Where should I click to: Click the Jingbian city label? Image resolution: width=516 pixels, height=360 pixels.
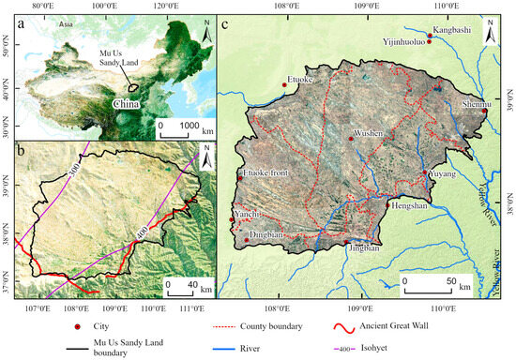point(363,248)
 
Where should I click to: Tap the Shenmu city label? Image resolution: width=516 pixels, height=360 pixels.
point(475,103)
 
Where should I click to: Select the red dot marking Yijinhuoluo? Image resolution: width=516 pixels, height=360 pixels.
point(429,41)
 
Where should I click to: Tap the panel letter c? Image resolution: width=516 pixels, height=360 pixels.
point(226,24)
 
